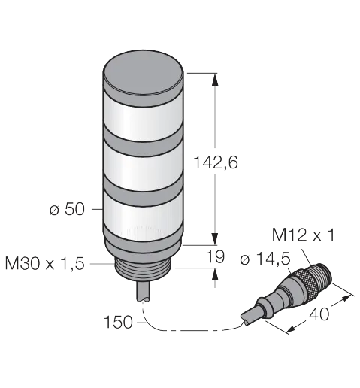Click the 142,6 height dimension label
pyautogui.click(x=216, y=162)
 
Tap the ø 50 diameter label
pyautogui.click(x=67, y=209)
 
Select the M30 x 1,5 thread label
pyautogui.click(x=44, y=263)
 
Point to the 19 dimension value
pyautogui.click(x=215, y=256)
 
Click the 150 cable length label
pyautogui.click(x=118, y=322)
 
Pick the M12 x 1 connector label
pyautogui.click(x=303, y=235)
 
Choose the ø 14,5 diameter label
pyautogui.click(x=265, y=259)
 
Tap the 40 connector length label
pyautogui.click(x=319, y=314)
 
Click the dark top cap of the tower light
pyautogui.click(x=144, y=75)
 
